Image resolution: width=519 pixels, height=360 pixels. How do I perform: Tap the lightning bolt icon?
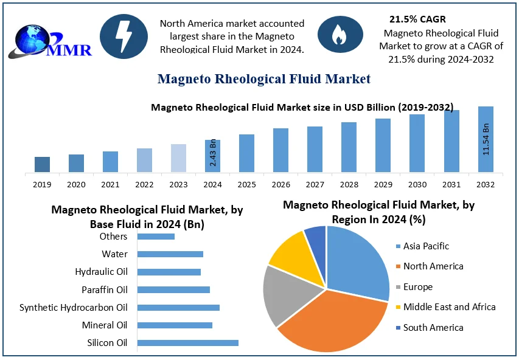tap(124, 36)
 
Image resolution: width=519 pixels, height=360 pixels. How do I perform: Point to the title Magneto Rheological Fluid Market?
tap(263, 79)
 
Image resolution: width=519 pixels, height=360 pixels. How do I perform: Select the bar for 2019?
tap(42, 164)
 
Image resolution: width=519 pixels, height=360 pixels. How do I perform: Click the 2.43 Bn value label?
tap(213, 154)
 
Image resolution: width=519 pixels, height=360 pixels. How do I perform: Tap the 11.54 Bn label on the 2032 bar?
tap(486, 139)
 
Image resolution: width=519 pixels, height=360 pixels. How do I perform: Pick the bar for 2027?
tap(315, 149)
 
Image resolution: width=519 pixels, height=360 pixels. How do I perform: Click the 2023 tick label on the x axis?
tap(178, 184)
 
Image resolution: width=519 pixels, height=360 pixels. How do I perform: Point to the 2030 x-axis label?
tap(417, 184)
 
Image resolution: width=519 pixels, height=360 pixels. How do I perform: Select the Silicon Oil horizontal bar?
tap(188, 343)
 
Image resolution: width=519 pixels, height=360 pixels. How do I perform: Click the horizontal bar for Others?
tap(156, 236)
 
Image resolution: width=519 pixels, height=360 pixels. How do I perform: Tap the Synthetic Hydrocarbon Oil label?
tap(74, 308)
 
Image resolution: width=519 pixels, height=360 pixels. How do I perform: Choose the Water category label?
tap(114, 254)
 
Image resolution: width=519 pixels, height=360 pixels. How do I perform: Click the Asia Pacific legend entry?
tap(426, 246)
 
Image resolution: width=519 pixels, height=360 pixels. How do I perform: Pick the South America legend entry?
tap(433, 327)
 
